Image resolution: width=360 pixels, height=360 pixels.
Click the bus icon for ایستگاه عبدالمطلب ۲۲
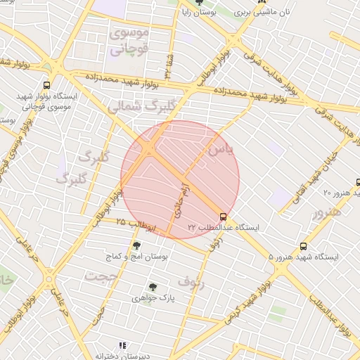(x=224, y=217)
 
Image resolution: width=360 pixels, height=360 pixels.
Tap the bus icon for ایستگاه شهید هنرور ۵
(x=304, y=247)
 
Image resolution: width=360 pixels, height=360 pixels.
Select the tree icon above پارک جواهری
(x=153, y=287)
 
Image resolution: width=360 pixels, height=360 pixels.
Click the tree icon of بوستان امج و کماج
(x=136, y=245)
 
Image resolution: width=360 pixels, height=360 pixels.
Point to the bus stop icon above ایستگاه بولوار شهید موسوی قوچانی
(x=46, y=84)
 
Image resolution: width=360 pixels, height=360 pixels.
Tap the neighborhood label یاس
(x=219, y=150)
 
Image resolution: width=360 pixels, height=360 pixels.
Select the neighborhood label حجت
(x=100, y=276)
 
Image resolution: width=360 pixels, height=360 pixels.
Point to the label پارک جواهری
(x=153, y=298)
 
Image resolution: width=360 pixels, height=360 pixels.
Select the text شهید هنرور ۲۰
(x=340, y=192)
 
